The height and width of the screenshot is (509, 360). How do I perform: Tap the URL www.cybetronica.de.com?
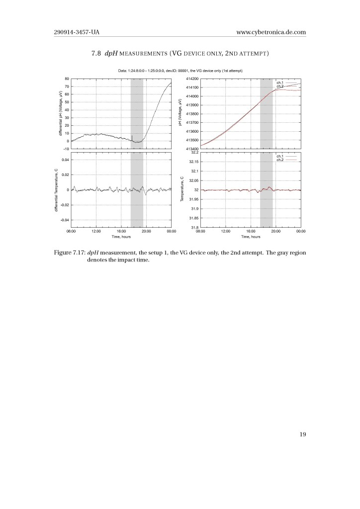pos(271,33)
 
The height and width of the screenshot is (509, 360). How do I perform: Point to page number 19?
pos(302,434)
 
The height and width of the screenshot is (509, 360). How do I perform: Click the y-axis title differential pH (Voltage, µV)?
pos(60,114)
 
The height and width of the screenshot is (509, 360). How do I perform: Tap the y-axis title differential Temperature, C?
pos(55,190)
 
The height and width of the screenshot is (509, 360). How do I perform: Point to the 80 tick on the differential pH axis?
pos(67,79)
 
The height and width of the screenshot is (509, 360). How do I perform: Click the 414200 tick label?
pos(192,79)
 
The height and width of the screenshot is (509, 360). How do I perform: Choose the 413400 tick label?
pos(192,149)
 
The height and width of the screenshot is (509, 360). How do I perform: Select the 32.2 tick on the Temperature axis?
pos(194,152)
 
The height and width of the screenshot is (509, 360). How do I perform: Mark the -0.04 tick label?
pos(65,220)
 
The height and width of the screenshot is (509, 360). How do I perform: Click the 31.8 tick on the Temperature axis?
pos(194,228)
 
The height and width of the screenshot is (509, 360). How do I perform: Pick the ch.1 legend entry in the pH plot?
pos(279,82)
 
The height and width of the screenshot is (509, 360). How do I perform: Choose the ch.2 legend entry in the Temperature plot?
pos(279,160)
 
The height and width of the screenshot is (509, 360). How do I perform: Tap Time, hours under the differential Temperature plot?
pos(121,237)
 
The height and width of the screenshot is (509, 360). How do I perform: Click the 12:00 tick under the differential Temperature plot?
pos(96,232)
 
